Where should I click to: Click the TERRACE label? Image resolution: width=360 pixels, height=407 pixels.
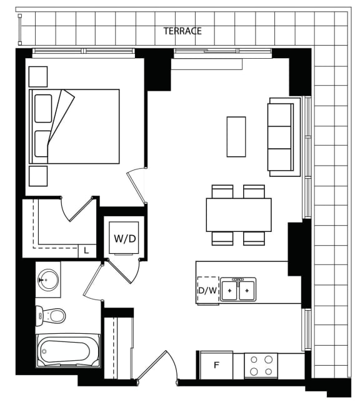coord(182,31)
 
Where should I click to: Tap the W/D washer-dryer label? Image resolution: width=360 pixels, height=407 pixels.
coord(125,239)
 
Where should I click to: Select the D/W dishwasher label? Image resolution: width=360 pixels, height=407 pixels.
coord(207,291)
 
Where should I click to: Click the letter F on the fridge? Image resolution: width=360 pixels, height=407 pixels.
coord(216,365)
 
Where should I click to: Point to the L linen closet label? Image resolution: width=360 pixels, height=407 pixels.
coord(86,251)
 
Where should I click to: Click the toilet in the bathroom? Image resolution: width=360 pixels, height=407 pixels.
coord(51,316)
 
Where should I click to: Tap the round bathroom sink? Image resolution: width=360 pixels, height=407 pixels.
coord(48,280)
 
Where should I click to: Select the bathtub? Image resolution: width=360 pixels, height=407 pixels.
coord(68,350)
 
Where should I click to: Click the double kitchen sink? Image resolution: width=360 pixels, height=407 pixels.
coord(238,289)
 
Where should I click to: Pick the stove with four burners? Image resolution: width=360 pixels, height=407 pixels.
coord(261,366)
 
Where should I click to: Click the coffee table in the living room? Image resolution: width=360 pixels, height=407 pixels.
coord(236,137)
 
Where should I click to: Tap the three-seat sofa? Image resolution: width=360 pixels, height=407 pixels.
coord(284,137)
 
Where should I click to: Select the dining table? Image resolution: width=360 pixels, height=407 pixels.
coord(239,215)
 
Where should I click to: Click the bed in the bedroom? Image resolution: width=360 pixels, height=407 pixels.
coord(74,126)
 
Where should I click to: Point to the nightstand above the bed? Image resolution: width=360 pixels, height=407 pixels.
coord(38,76)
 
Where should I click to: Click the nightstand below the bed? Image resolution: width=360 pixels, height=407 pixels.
coord(38,176)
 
